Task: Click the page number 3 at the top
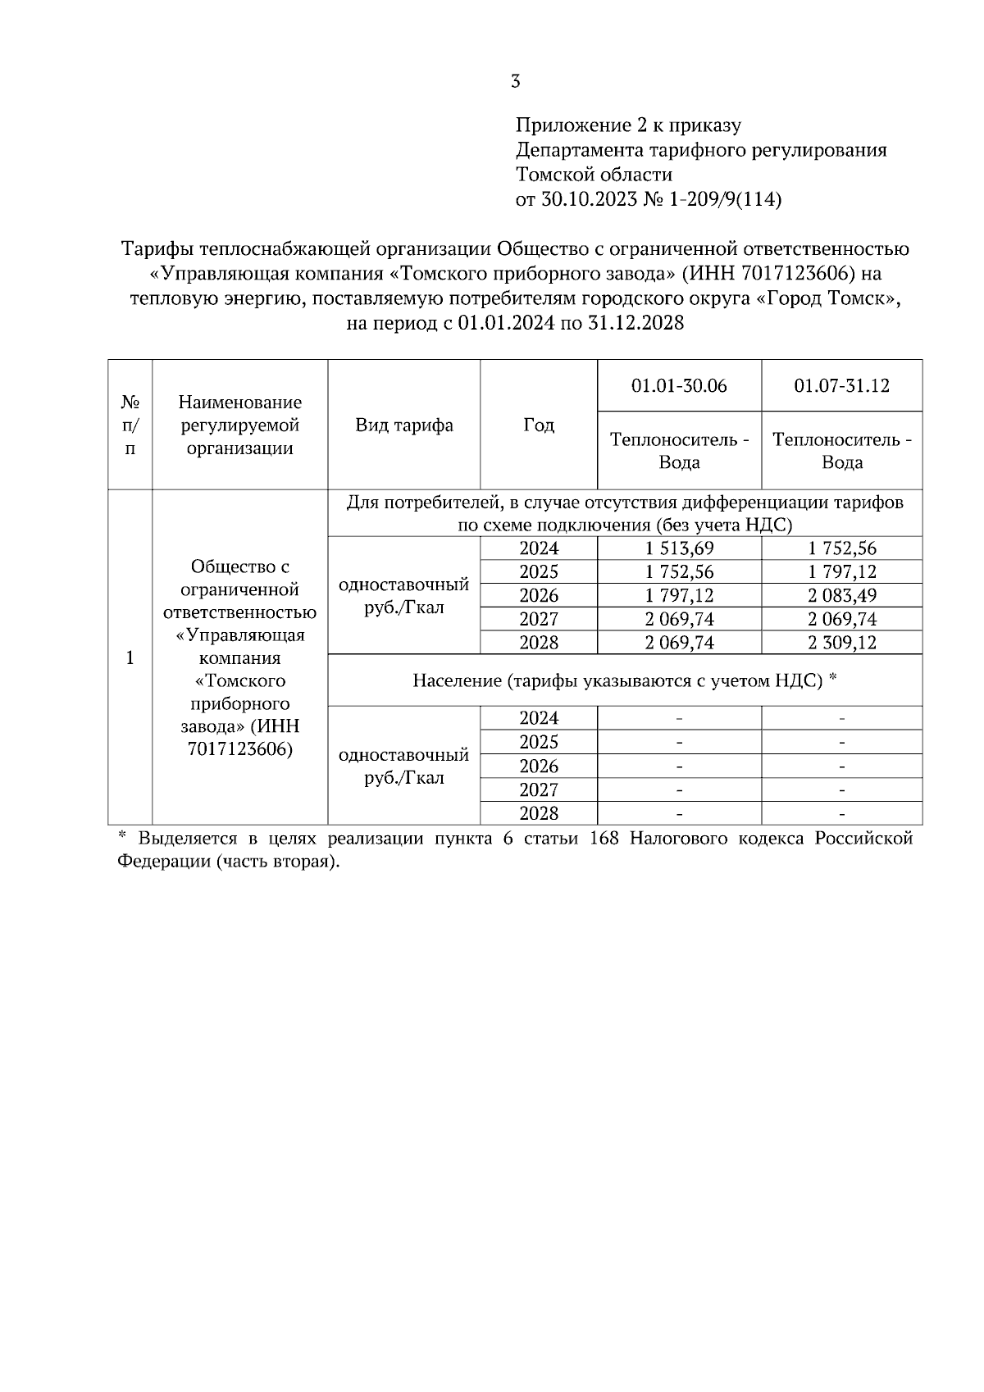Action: click(x=515, y=81)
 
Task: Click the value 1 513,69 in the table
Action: click(x=679, y=548)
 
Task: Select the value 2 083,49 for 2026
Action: click(x=842, y=596)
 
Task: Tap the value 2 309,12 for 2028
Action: click(x=842, y=643)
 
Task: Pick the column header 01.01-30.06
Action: click(x=679, y=386)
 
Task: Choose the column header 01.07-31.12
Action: click(x=842, y=386)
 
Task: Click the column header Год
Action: click(x=539, y=425)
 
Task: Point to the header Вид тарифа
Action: click(x=403, y=425)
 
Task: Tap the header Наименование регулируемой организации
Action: click(x=239, y=425)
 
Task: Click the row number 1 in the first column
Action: click(x=130, y=657)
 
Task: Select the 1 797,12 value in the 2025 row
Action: click(x=842, y=572)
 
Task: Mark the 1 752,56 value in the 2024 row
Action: click(x=842, y=548)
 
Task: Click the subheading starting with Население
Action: click(x=624, y=680)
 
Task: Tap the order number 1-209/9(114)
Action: click(x=726, y=199)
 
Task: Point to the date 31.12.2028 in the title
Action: click(x=635, y=323)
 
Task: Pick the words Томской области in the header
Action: click(x=594, y=175)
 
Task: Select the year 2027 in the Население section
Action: click(x=539, y=790)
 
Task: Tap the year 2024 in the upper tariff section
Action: click(x=539, y=548)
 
